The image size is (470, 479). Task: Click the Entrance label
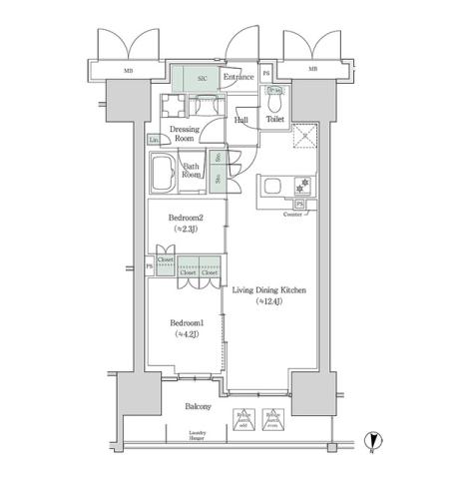pos(238,77)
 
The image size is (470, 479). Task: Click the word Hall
pos(241,120)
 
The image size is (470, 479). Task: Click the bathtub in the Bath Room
pos(164,176)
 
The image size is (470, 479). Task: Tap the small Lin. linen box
pos(155,139)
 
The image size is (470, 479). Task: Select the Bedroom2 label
pos(186,218)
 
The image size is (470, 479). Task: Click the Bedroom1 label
pos(186,324)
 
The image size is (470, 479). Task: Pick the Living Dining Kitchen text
pos(268,290)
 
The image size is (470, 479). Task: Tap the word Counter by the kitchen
pos(293,215)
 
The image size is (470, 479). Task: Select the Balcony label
pos(197,408)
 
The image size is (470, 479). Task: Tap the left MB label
pos(129,71)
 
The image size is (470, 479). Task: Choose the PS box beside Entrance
pos(265,76)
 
